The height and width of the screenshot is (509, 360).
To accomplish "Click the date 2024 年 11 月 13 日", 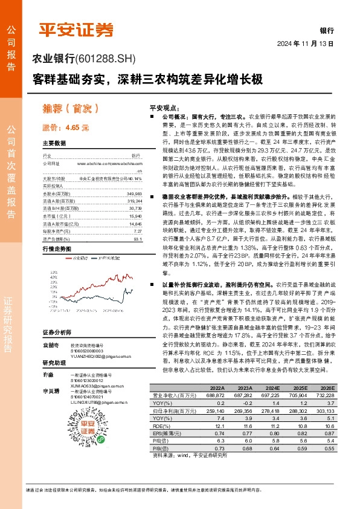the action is tap(305, 44).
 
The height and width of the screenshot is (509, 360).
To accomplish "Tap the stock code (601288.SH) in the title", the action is tap(106, 59).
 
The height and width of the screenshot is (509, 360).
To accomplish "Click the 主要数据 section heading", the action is tap(54, 144).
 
